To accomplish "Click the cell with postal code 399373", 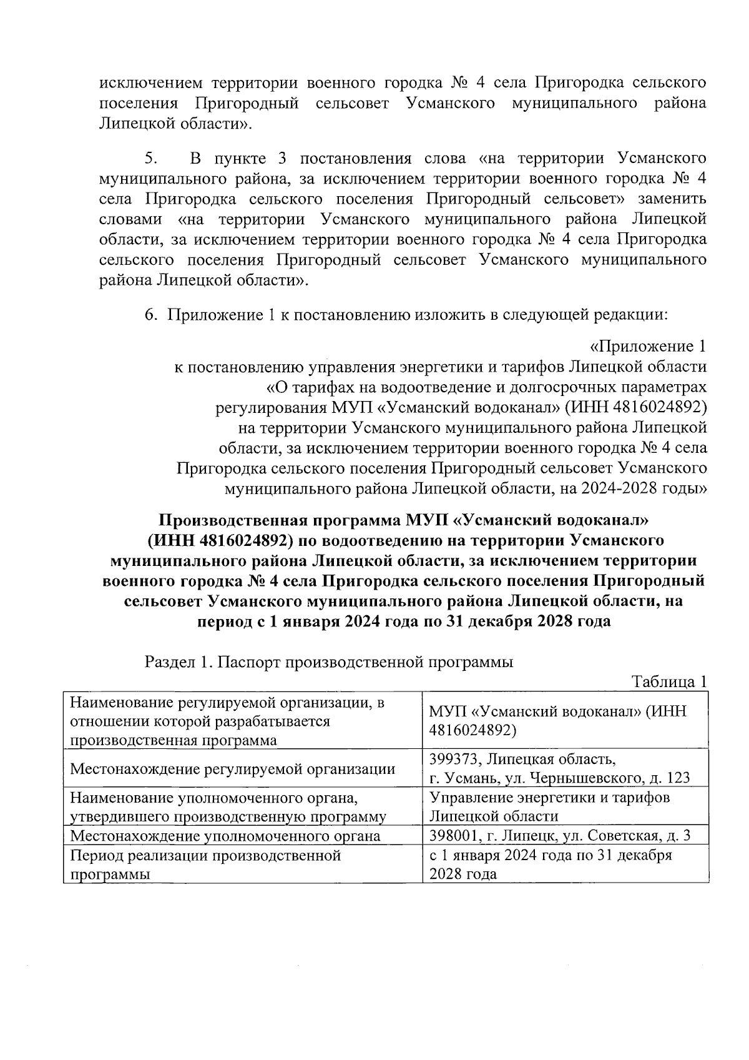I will click(559, 768).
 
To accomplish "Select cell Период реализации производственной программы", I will click(205, 864).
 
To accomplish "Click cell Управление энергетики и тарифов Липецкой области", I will click(549, 807).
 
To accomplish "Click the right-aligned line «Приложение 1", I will click(648, 346).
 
